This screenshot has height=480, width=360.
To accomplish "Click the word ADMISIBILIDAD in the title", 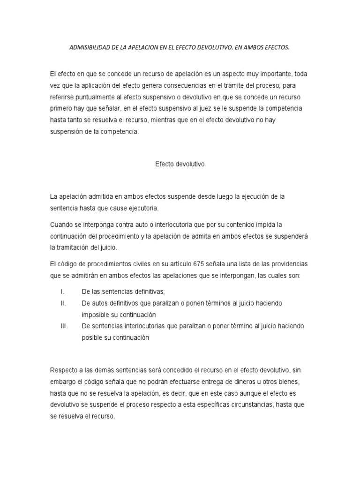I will pyautogui.click(x=88, y=47).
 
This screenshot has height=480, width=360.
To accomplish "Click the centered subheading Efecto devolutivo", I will pyautogui.click(x=180, y=165).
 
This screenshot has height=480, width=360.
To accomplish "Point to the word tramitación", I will pyautogui.click(x=75, y=247).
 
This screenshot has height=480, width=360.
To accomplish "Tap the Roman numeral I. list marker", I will pyautogui.click(x=62, y=292).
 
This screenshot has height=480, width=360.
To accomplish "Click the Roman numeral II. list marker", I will pyautogui.click(x=63, y=303).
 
